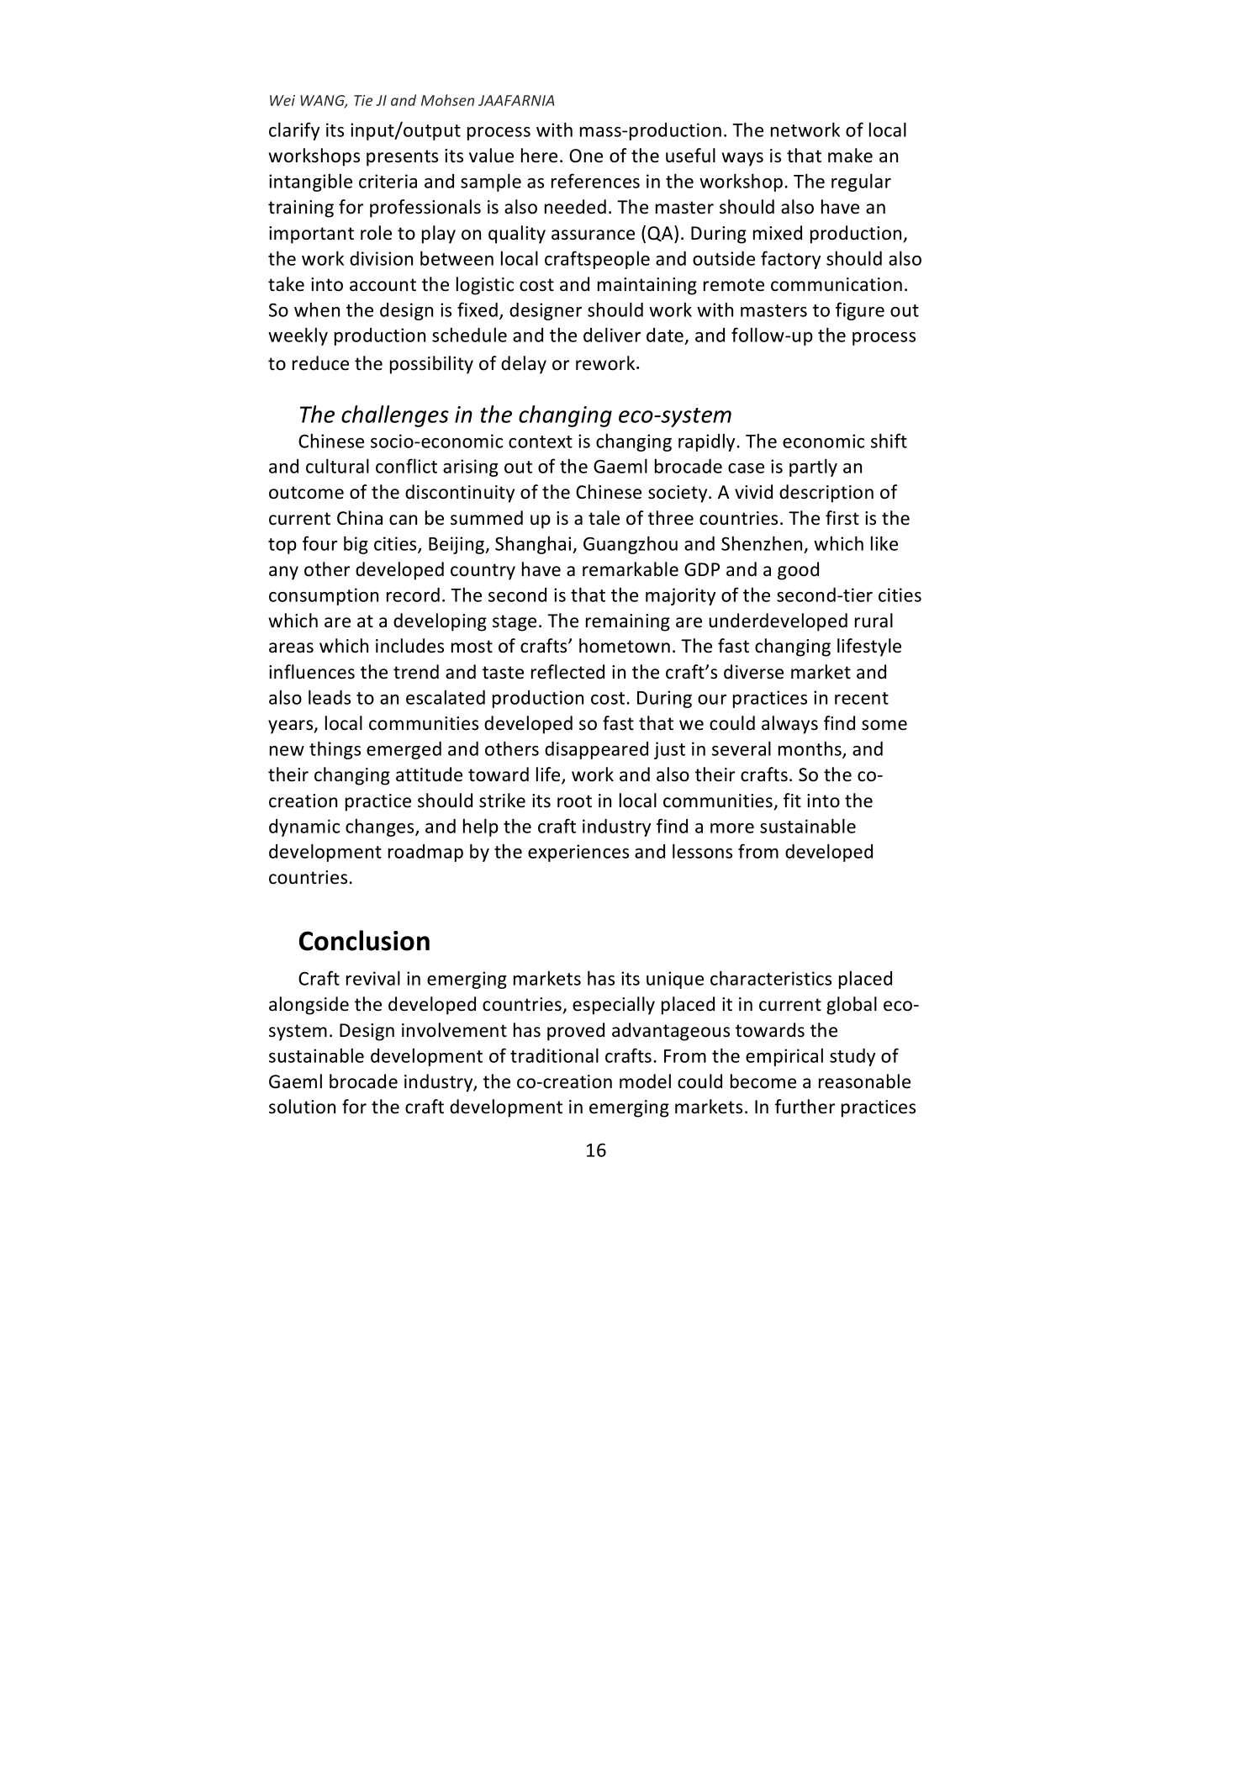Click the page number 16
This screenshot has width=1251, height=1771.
click(594, 1151)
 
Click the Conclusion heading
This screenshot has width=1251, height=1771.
click(363, 941)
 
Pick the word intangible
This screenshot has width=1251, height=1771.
click(308, 182)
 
